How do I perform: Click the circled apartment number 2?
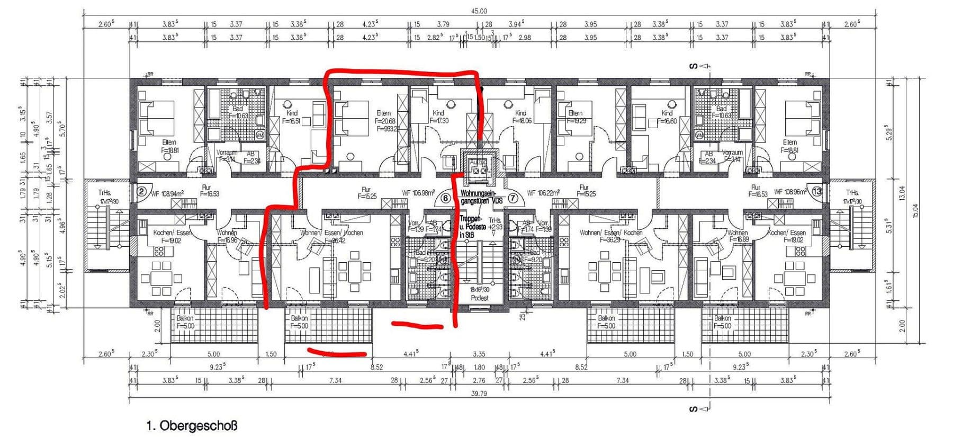[141, 192]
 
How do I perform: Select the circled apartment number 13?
[817, 191]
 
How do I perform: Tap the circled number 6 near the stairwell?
[445, 198]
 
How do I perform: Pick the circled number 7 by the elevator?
[513, 198]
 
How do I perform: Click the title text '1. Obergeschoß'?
[192, 425]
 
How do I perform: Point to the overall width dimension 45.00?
[479, 11]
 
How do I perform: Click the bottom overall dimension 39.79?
[479, 394]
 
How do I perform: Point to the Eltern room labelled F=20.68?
[385, 121]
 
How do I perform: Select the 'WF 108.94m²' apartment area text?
[167, 194]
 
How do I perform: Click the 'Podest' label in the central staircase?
[479, 298]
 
